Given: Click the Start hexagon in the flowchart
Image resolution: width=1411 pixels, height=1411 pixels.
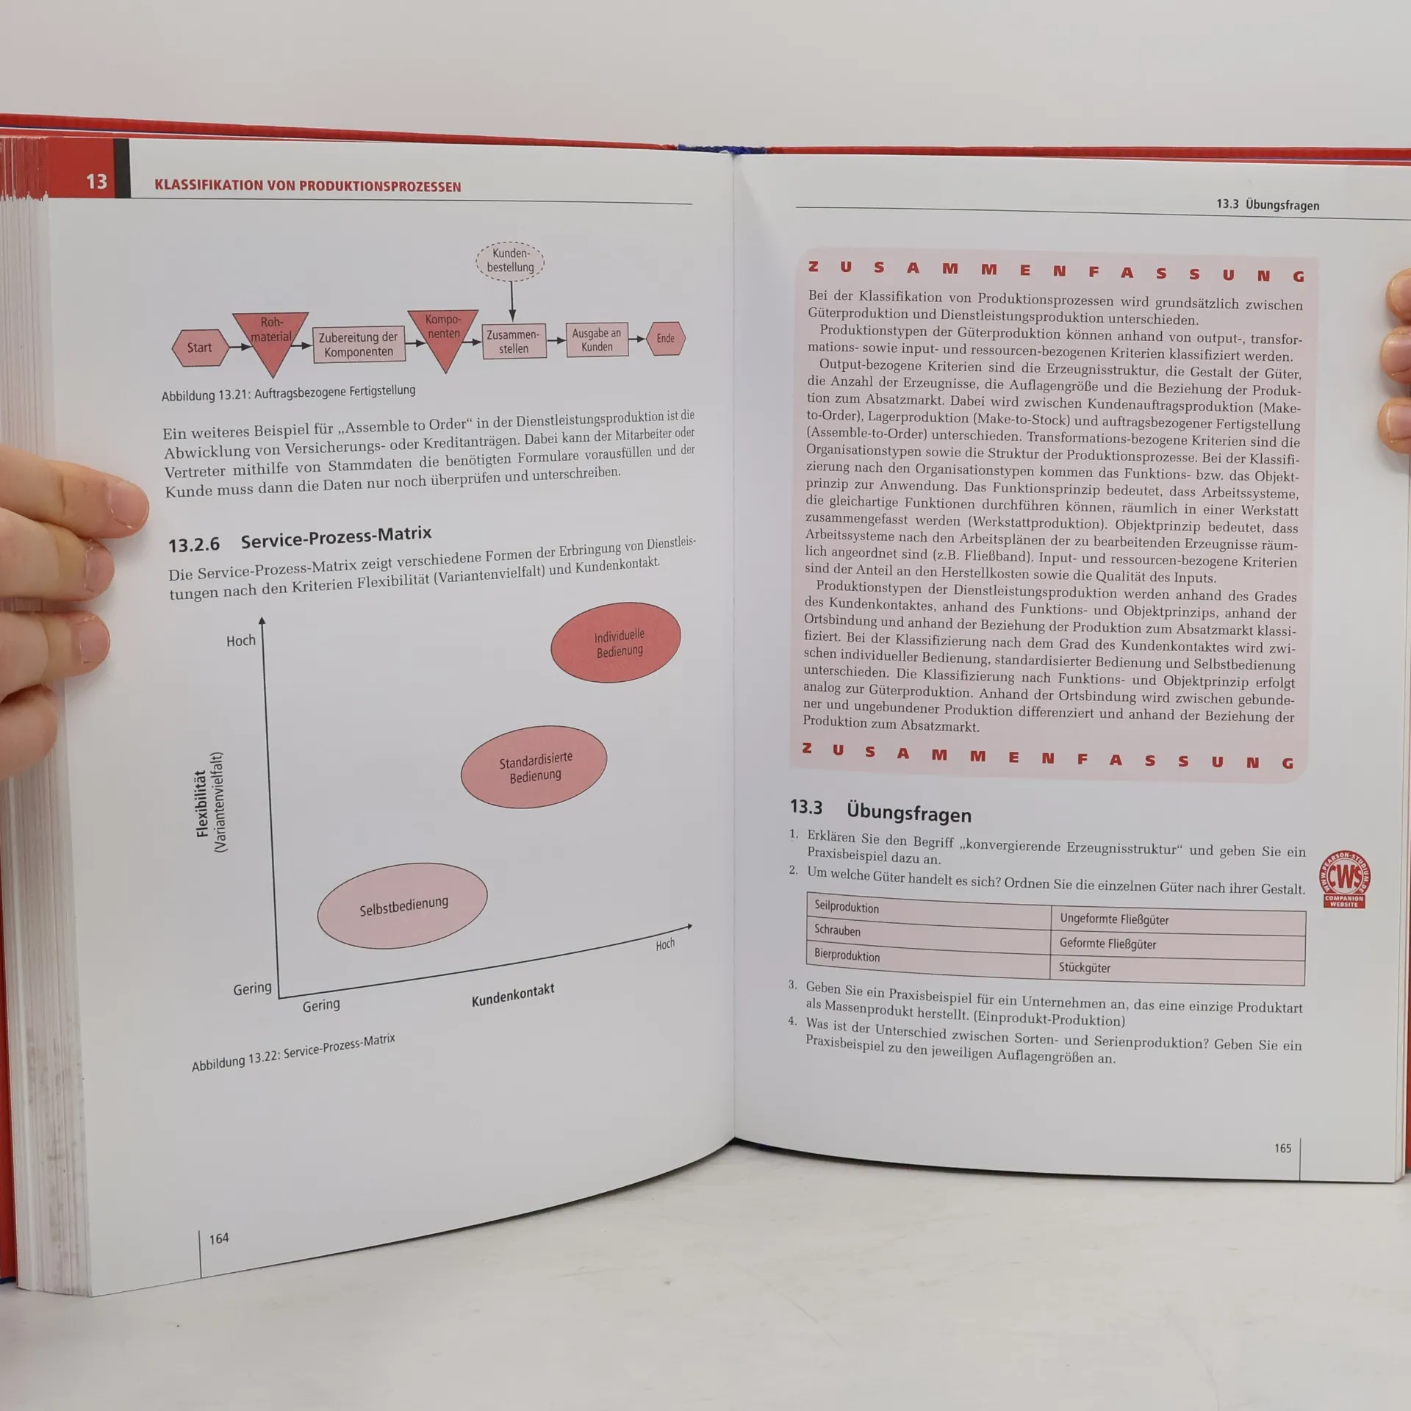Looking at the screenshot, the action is [x=199, y=348].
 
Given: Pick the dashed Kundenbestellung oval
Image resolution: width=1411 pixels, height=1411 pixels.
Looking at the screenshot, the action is [x=511, y=261].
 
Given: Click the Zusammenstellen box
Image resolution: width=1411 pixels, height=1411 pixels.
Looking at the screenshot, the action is [x=514, y=341].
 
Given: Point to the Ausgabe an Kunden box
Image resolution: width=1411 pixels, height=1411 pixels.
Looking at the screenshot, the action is [x=597, y=340].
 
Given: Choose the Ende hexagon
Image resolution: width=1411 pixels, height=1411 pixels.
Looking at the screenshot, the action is [x=666, y=338].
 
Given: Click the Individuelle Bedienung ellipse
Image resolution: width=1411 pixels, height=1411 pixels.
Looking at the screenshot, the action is [x=616, y=642].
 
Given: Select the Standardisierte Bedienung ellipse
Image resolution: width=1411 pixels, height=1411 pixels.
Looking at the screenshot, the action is [x=534, y=766].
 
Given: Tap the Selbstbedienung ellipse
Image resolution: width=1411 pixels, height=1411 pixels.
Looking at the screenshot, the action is [x=403, y=905].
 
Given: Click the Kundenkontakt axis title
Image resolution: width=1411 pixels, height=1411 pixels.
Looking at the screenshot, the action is [x=513, y=994].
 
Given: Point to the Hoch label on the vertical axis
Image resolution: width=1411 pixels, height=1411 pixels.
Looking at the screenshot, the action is [x=241, y=641].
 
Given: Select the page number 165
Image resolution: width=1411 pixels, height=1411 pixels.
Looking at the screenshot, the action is [x=1282, y=1148].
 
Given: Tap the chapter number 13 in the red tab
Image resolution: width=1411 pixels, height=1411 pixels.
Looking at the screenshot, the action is [x=97, y=182].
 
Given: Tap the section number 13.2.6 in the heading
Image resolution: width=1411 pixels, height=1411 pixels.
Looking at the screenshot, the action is [x=194, y=545].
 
